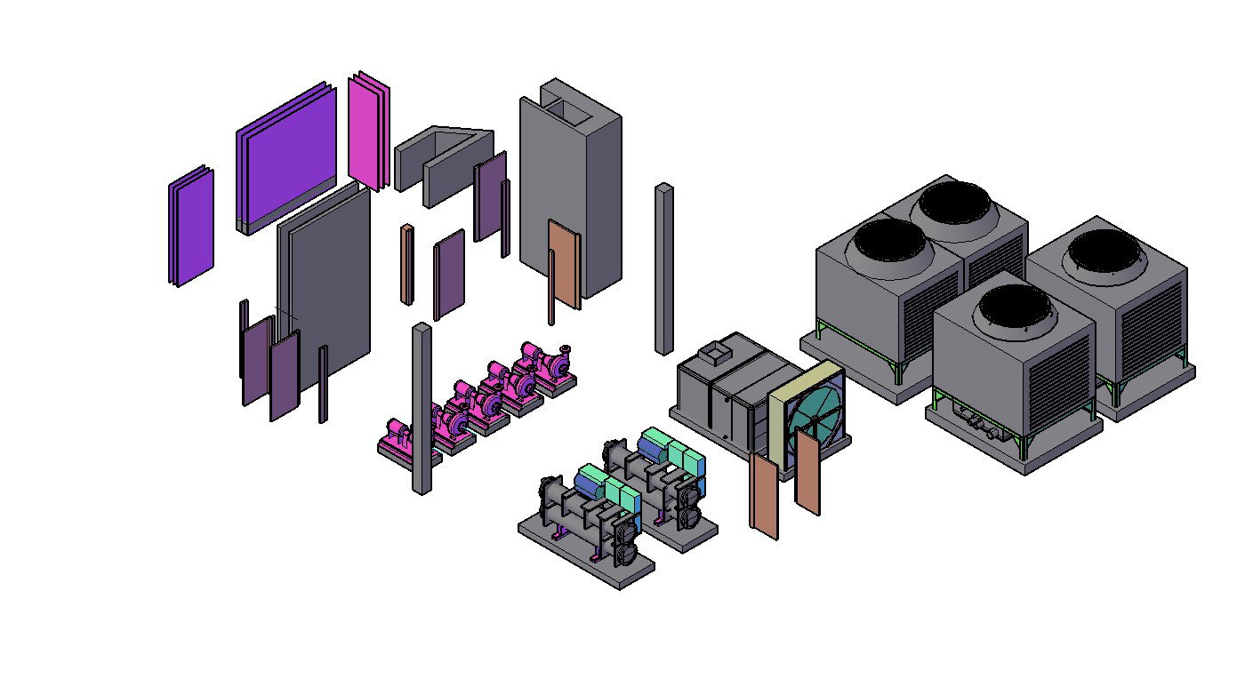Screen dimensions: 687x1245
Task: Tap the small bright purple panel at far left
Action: [189, 227]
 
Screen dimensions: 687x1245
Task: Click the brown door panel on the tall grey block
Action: [563, 262]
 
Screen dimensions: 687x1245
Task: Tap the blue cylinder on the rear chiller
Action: [651, 449]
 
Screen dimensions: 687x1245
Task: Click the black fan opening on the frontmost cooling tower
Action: [1015, 311]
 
